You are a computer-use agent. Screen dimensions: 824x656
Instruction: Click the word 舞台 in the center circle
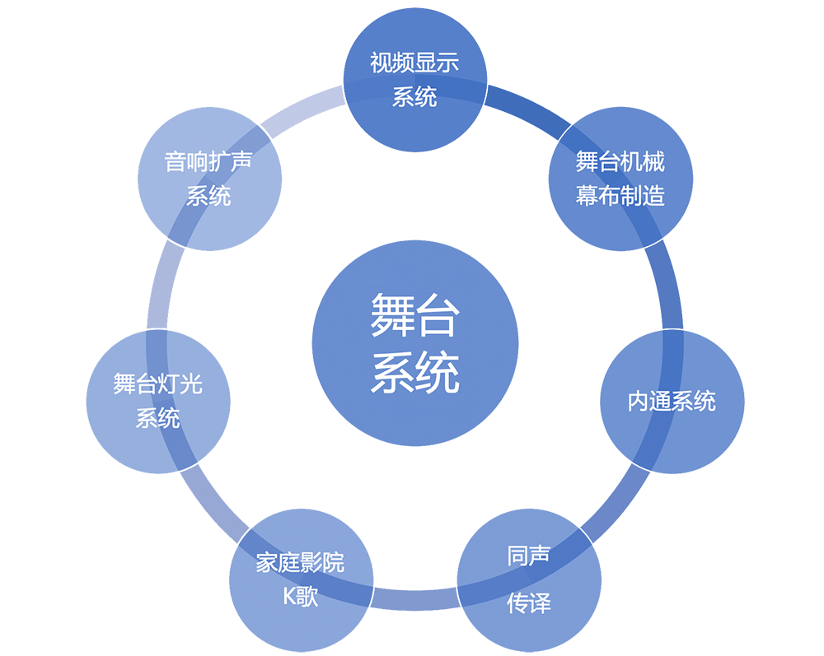(415, 314)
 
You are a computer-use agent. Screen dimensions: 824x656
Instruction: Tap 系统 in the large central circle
(415, 372)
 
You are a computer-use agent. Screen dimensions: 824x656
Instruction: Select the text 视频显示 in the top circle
(414, 63)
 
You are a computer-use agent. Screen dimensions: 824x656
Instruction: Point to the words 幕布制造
(620, 196)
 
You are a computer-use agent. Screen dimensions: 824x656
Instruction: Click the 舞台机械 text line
(620, 161)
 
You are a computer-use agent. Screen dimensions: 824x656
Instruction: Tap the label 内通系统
(672, 402)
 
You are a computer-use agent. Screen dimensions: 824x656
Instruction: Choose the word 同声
(529, 556)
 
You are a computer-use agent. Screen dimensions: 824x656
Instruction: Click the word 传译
(529, 603)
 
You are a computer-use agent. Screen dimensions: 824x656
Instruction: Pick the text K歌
(301, 597)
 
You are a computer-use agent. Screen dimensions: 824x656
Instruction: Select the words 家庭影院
(301, 563)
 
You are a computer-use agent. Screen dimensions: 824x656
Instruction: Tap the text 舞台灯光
(157, 384)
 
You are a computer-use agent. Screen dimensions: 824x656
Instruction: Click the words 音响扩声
(208, 161)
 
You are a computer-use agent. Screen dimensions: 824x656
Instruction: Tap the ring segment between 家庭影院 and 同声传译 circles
(415, 600)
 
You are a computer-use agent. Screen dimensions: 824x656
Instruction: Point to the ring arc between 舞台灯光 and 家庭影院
(211, 501)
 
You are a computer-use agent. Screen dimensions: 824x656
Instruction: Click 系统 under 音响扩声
(208, 196)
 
